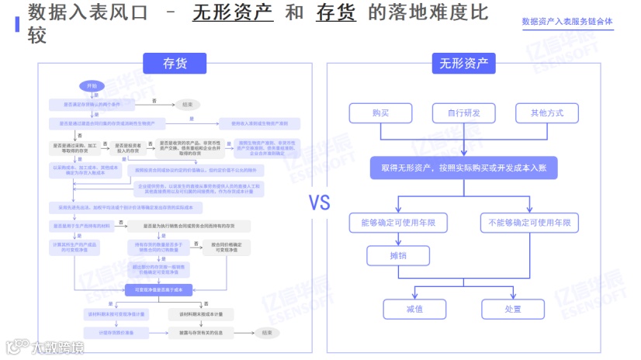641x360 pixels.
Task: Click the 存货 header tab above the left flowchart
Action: pos(175,64)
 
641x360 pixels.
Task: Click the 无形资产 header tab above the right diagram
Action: pos(464,64)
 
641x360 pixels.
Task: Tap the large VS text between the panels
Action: pos(320,203)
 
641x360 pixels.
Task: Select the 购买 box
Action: pos(380,113)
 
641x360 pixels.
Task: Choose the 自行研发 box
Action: pos(464,113)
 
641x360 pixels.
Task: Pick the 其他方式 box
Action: pos(547,113)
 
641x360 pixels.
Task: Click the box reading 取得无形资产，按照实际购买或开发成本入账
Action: pos(464,167)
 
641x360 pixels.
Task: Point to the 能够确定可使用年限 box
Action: pos(398,223)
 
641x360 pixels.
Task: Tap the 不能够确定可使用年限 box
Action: pos(529,223)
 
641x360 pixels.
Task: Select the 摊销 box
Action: pos(398,255)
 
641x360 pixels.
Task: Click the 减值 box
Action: pos(414,308)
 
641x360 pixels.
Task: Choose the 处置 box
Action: pos(513,308)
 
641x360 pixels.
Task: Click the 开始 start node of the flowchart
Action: pos(92,85)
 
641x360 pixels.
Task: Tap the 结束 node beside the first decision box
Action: pos(187,104)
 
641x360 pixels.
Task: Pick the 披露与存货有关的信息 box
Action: pos(206,332)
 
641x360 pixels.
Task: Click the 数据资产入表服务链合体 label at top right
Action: pos(567,22)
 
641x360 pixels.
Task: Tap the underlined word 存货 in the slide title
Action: pos(335,13)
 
